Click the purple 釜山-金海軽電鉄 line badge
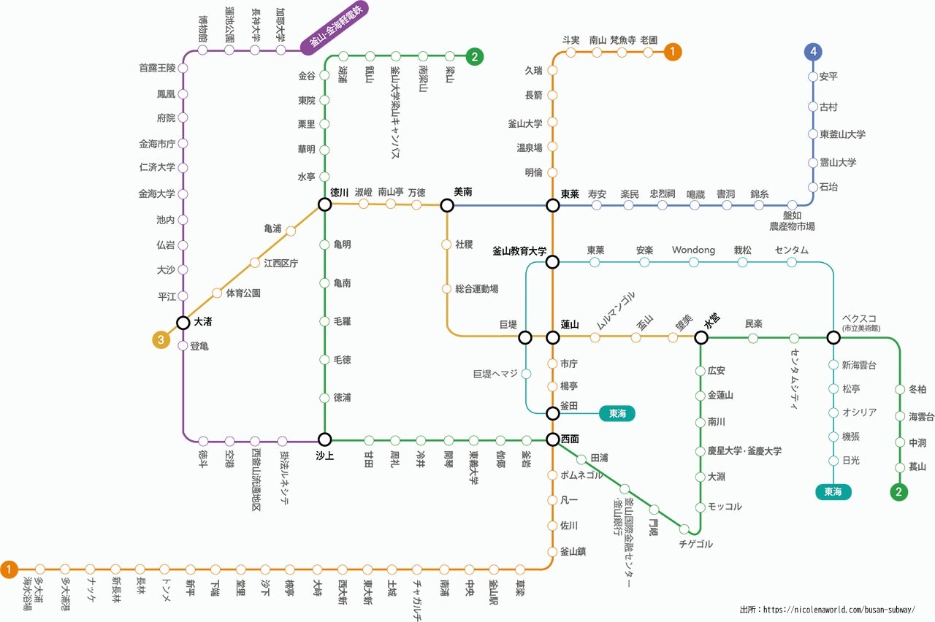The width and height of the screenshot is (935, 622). (x=335, y=28)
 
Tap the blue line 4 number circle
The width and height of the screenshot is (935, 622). (x=813, y=52)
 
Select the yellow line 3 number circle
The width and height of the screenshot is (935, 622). (x=161, y=339)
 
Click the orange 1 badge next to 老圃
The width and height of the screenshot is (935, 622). (x=673, y=52)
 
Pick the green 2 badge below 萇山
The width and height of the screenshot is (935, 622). (x=899, y=492)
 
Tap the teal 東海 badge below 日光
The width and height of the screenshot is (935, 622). (x=833, y=492)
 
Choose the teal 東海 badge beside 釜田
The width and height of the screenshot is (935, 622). (x=617, y=413)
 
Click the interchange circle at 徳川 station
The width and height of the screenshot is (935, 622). (x=325, y=205)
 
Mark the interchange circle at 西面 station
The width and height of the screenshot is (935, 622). (x=553, y=439)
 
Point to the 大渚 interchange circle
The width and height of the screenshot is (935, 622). (x=183, y=322)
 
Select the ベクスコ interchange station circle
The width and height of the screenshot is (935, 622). (x=833, y=337)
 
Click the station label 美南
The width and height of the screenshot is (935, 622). (x=463, y=192)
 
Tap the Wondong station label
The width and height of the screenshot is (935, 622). (x=693, y=250)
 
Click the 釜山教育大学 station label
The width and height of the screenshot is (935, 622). (x=519, y=250)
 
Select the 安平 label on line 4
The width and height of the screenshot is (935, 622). (x=828, y=77)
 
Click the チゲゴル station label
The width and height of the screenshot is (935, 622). (x=695, y=544)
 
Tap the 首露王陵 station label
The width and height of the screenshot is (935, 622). (x=157, y=68)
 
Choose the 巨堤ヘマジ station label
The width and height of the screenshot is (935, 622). (x=495, y=374)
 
